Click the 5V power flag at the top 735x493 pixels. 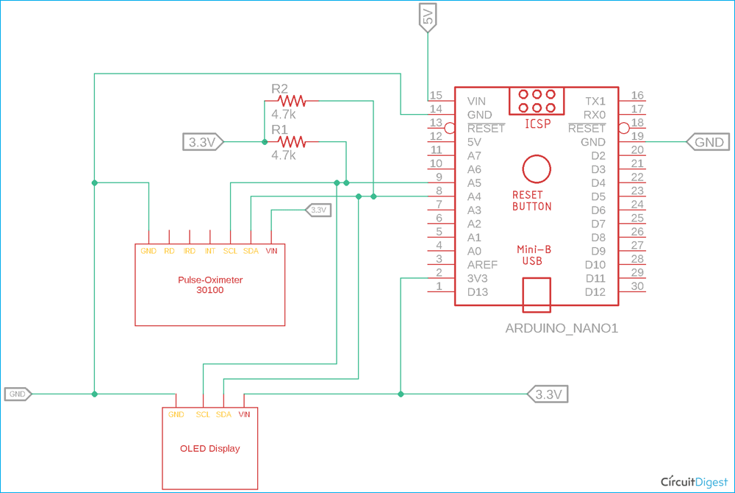click(x=428, y=17)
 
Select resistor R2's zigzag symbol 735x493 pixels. click(x=292, y=101)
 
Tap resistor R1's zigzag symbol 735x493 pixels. click(x=292, y=141)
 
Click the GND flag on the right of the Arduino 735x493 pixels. click(x=708, y=142)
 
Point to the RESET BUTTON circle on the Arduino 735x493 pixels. click(x=537, y=169)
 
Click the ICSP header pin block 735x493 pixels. click(x=537, y=102)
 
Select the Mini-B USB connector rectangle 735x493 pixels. click(x=537, y=294)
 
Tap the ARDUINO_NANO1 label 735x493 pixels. click(x=562, y=328)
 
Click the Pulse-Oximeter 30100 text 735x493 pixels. click(x=210, y=285)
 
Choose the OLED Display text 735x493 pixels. click(x=210, y=448)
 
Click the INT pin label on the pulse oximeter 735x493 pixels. click(x=210, y=251)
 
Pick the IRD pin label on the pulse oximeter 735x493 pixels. click(x=190, y=251)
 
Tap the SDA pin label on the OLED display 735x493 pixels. click(x=223, y=414)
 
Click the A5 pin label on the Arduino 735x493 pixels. click(x=474, y=183)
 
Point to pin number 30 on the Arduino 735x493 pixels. click(x=637, y=286)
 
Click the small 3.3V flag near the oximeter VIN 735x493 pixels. click(x=318, y=210)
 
